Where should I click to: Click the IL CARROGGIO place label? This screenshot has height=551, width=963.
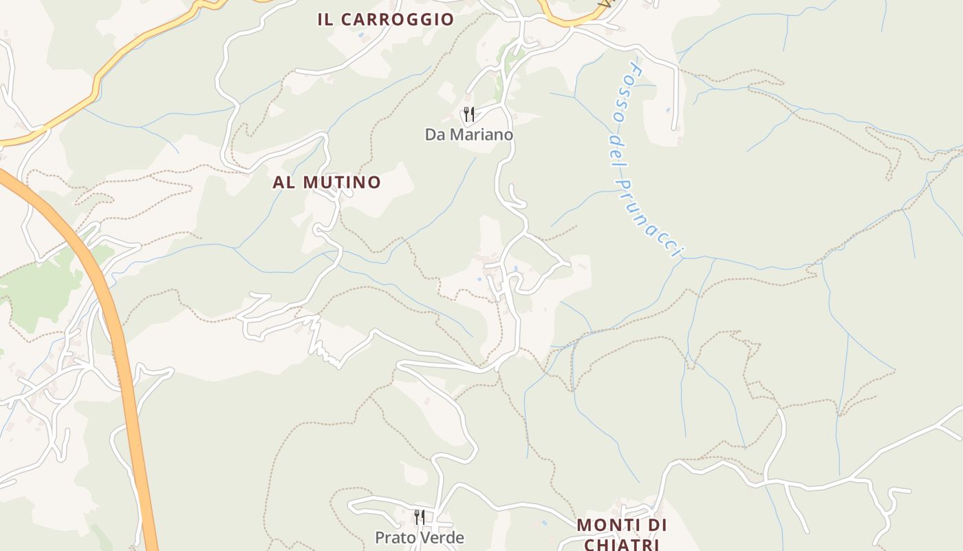point(385,19)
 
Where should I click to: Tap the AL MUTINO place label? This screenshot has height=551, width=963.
point(327,183)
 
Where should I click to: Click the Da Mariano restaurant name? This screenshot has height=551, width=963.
point(468,134)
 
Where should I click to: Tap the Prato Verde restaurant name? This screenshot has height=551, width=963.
point(419,538)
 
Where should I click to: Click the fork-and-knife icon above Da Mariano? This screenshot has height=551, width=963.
point(468,114)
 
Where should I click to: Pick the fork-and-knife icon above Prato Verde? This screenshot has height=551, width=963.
point(419,517)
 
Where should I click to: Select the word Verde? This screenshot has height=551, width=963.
point(444,538)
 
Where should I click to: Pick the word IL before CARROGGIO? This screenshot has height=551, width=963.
point(325,19)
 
